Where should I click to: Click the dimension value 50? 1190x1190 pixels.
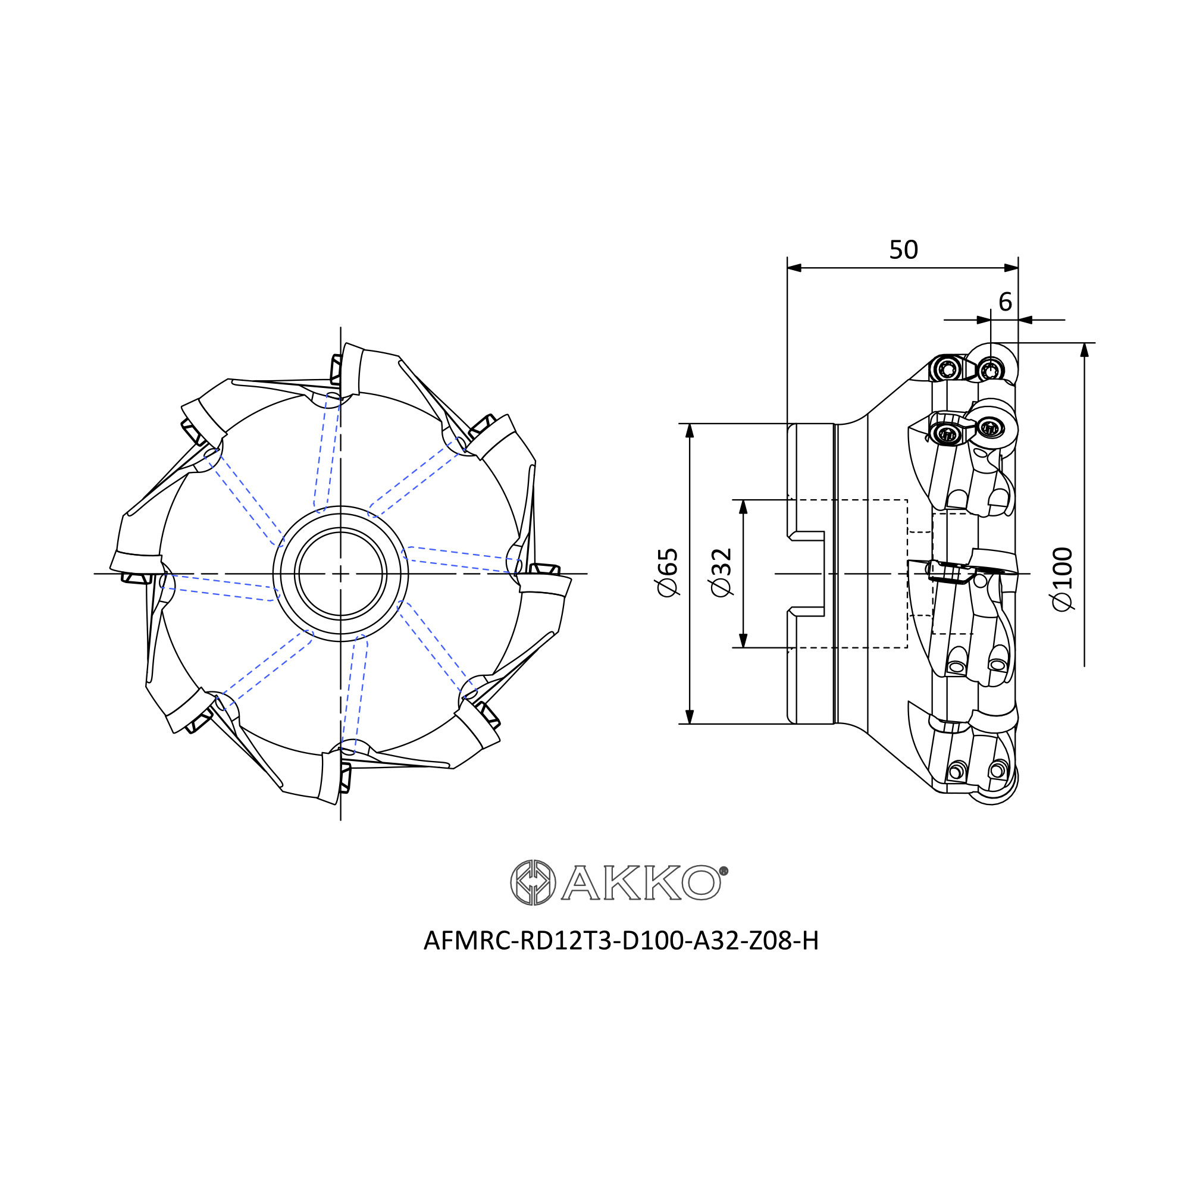coord(903,250)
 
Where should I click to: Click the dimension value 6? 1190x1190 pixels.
coord(1005,302)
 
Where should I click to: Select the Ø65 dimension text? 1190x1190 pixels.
coord(668,572)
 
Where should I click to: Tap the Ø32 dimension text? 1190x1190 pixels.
coord(721,572)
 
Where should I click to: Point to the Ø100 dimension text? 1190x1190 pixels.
coord(1063,579)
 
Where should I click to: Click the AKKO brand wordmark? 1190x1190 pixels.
coord(640,883)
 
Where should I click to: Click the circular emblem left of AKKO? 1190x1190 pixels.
coord(533,882)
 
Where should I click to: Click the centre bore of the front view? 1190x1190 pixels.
coord(340,574)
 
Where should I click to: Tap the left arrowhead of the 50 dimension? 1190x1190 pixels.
coord(794,268)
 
